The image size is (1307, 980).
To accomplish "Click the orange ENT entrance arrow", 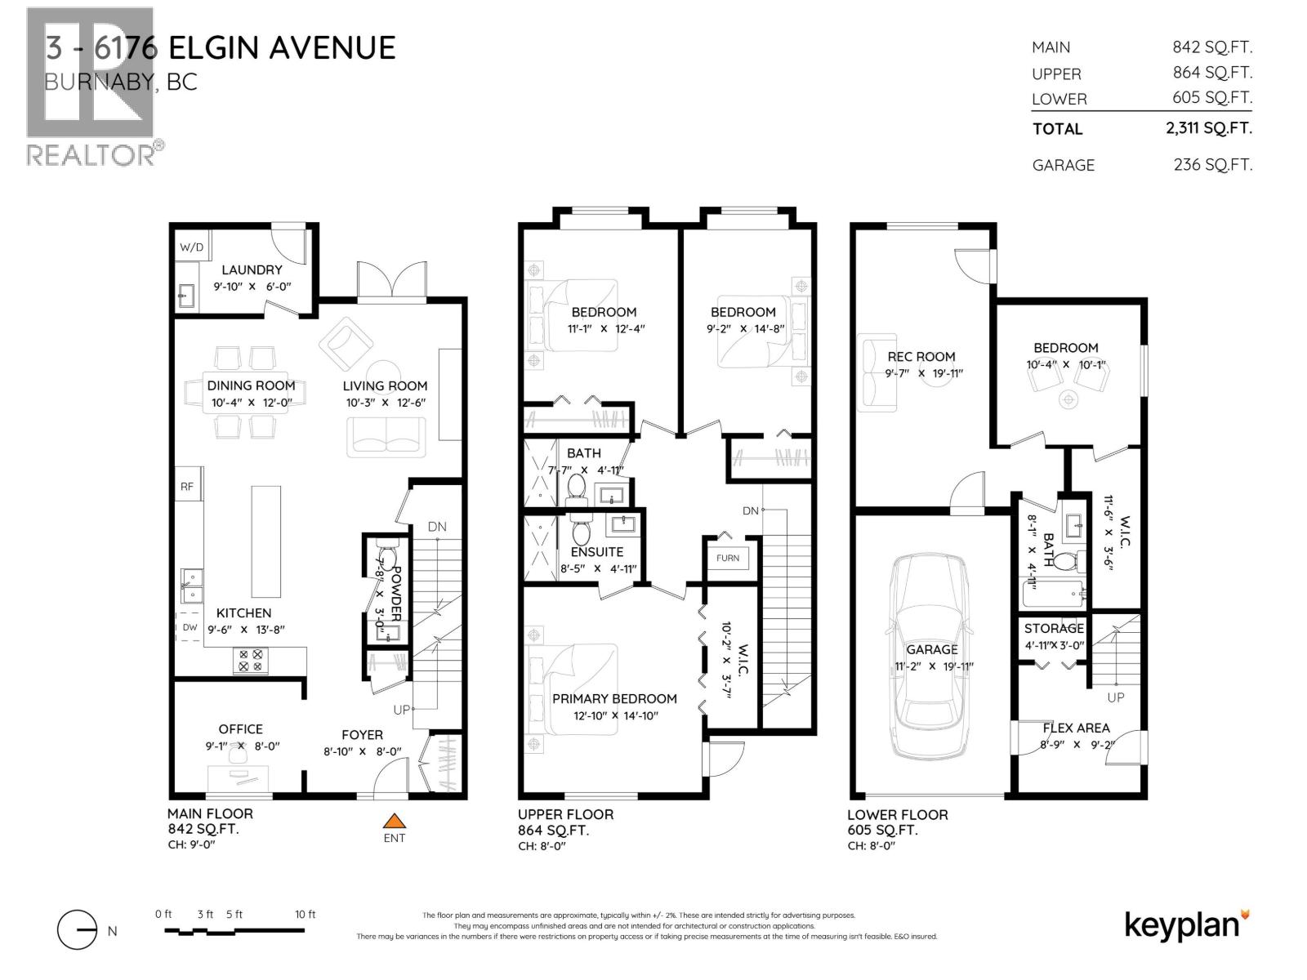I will click(x=395, y=821).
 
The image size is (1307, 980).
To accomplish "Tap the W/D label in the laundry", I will click(x=191, y=247).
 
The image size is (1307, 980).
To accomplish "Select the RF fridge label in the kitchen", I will click(x=187, y=487).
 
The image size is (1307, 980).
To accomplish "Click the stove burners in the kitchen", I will click(x=251, y=660).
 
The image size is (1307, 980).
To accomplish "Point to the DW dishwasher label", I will click(x=190, y=627).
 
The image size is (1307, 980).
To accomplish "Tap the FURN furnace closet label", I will click(x=728, y=558).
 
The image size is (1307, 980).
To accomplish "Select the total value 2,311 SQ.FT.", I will click(x=1209, y=128).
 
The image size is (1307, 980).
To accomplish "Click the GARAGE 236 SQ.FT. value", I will click(x=1212, y=164).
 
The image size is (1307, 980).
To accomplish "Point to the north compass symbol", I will click(x=78, y=930).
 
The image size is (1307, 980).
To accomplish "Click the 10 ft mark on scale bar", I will click(x=305, y=915).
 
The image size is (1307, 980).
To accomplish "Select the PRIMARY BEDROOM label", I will click(x=614, y=698).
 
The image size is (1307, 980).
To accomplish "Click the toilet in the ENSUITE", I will click(x=581, y=532).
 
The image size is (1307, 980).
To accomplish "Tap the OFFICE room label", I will click(x=240, y=728).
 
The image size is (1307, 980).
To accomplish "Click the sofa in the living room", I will click(x=386, y=436).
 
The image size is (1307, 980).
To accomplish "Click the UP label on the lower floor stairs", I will click(x=1115, y=697).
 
